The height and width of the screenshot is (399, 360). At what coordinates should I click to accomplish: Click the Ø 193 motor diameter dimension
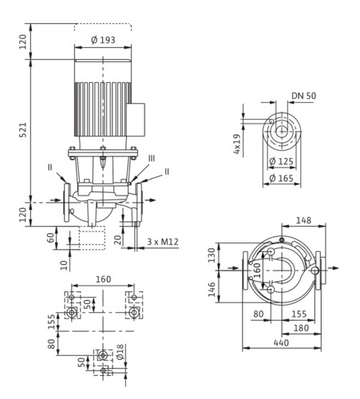(x=103, y=40)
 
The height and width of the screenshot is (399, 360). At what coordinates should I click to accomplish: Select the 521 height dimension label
(x=24, y=130)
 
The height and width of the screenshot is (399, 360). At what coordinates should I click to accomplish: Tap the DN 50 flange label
(x=304, y=96)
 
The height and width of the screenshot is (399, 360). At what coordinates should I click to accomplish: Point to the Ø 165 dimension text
(x=281, y=178)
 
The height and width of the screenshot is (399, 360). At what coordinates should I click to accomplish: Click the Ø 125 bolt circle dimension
(x=281, y=161)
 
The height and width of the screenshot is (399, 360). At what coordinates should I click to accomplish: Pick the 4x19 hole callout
(x=236, y=144)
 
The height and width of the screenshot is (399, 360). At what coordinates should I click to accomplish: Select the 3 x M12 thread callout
(x=163, y=242)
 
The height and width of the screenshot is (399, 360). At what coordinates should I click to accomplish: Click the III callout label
(x=152, y=159)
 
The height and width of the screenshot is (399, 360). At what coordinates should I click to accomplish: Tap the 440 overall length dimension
(x=281, y=343)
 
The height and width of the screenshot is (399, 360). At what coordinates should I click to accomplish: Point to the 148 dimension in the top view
(x=303, y=220)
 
